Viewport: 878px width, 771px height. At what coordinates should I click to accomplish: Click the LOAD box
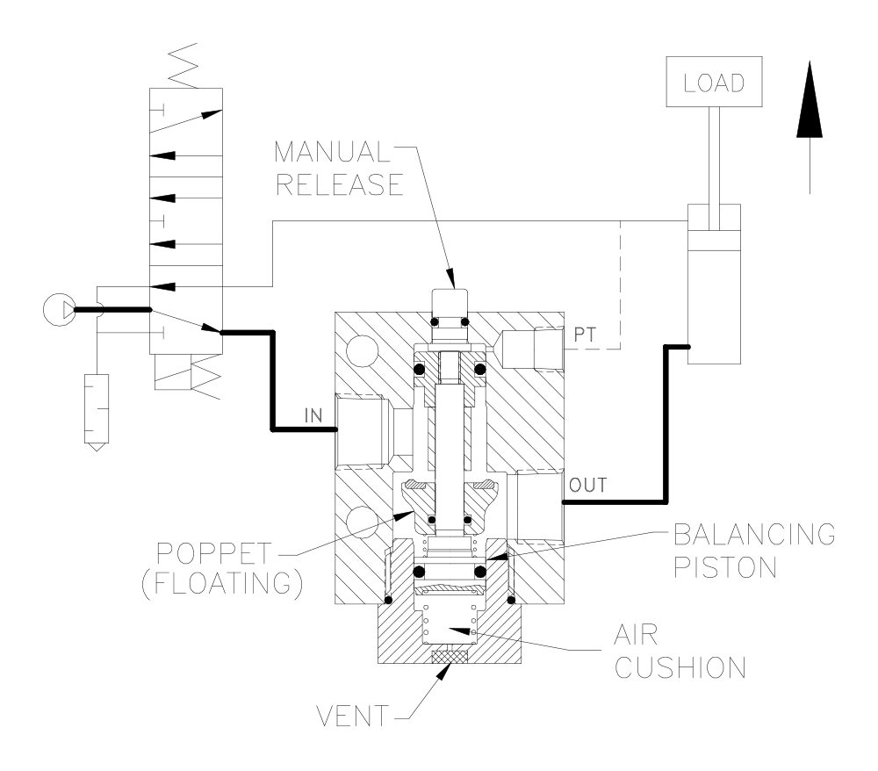point(714,82)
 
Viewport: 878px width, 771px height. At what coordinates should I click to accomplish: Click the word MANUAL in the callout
point(333,152)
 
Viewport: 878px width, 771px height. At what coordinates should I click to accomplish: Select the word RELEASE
point(340,184)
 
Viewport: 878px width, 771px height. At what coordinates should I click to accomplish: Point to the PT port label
point(585,335)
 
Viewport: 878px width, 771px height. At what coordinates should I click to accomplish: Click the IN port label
point(313,415)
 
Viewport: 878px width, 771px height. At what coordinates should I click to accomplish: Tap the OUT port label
point(588,485)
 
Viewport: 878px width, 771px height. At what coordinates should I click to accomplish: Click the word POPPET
point(214,554)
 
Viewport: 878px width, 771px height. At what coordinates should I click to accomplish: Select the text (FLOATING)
point(222,583)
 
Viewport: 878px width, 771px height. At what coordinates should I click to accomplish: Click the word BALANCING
point(754,535)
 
